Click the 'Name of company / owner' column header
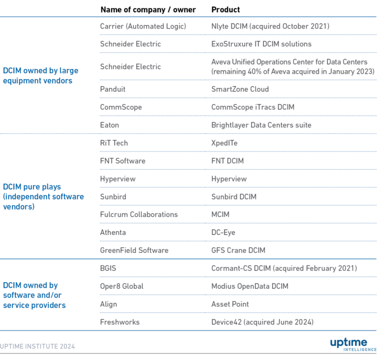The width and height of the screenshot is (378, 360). coord(148,10)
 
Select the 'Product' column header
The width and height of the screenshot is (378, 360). coord(225,10)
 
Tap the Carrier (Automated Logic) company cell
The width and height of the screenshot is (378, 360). coord(143,26)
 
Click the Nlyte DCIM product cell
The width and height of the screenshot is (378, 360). coord(270,26)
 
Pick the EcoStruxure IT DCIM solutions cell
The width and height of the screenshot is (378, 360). coord(261,44)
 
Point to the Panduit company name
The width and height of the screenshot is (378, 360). coord(113,89)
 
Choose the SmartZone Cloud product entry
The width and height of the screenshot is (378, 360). coord(240,89)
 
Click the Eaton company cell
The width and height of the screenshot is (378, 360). coord(109,125)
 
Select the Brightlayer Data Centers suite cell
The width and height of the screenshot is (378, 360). coord(261,125)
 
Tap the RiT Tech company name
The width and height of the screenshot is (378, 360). coord(114,143)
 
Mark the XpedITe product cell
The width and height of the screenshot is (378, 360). coord(224,143)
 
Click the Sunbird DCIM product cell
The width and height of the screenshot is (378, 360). coord(234,197)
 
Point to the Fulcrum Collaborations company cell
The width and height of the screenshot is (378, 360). coord(139,214)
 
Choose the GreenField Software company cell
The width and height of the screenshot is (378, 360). coord(134,250)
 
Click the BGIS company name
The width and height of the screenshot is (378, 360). coord(108,268)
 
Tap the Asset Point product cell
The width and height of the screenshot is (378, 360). coord(230,304)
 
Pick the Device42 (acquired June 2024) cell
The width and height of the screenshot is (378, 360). coord(262,322)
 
